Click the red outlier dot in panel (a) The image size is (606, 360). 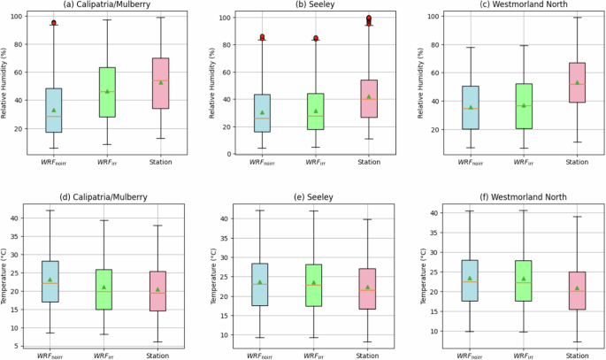[x=54, y=23]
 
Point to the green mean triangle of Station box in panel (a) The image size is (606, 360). [x=160, y=82]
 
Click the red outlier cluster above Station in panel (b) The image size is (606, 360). [x=368, y=19]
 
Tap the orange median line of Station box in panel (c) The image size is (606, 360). [x=577, y=84]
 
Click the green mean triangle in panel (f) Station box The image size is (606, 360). [x=577, y=287]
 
